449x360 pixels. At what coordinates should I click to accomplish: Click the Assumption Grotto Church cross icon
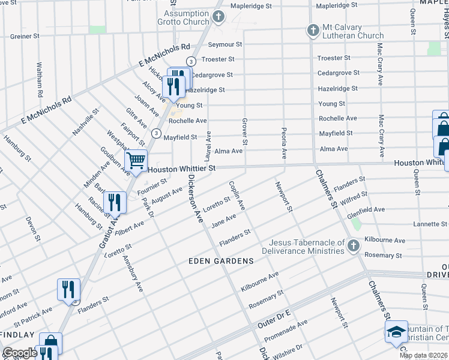(x=218, y=16)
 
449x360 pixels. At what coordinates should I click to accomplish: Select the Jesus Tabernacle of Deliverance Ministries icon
(x=354, y=245)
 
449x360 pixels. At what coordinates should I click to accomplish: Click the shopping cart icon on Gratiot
(x=136, y=160)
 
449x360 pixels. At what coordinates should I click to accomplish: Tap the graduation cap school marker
(x=396, y=332)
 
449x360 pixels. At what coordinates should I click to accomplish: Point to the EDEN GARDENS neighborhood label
(x=221, y=261)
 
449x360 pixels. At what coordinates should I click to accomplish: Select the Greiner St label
(x=25, y=36)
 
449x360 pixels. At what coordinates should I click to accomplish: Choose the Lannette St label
(x=430, y=224)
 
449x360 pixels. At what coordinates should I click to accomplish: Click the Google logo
(x=20, y=352)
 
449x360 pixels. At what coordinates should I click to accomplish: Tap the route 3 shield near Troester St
(x=190, y=61)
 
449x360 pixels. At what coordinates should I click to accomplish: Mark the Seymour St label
(x=224, y=44)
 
